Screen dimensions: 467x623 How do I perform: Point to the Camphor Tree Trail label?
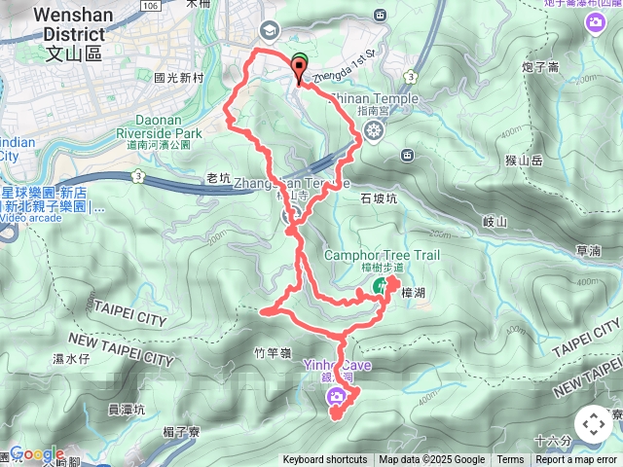click(382, 255)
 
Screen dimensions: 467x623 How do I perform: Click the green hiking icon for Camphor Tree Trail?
click(377, 287)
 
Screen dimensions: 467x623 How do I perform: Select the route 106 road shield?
click(148, 6)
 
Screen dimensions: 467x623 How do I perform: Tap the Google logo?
click(36, 454)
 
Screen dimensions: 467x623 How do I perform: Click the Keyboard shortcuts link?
click(325, 460)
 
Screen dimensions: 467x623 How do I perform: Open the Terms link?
click(510, 460)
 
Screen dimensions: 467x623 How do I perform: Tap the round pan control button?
click(593, 424)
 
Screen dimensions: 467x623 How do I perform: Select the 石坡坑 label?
click(380, 198)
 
